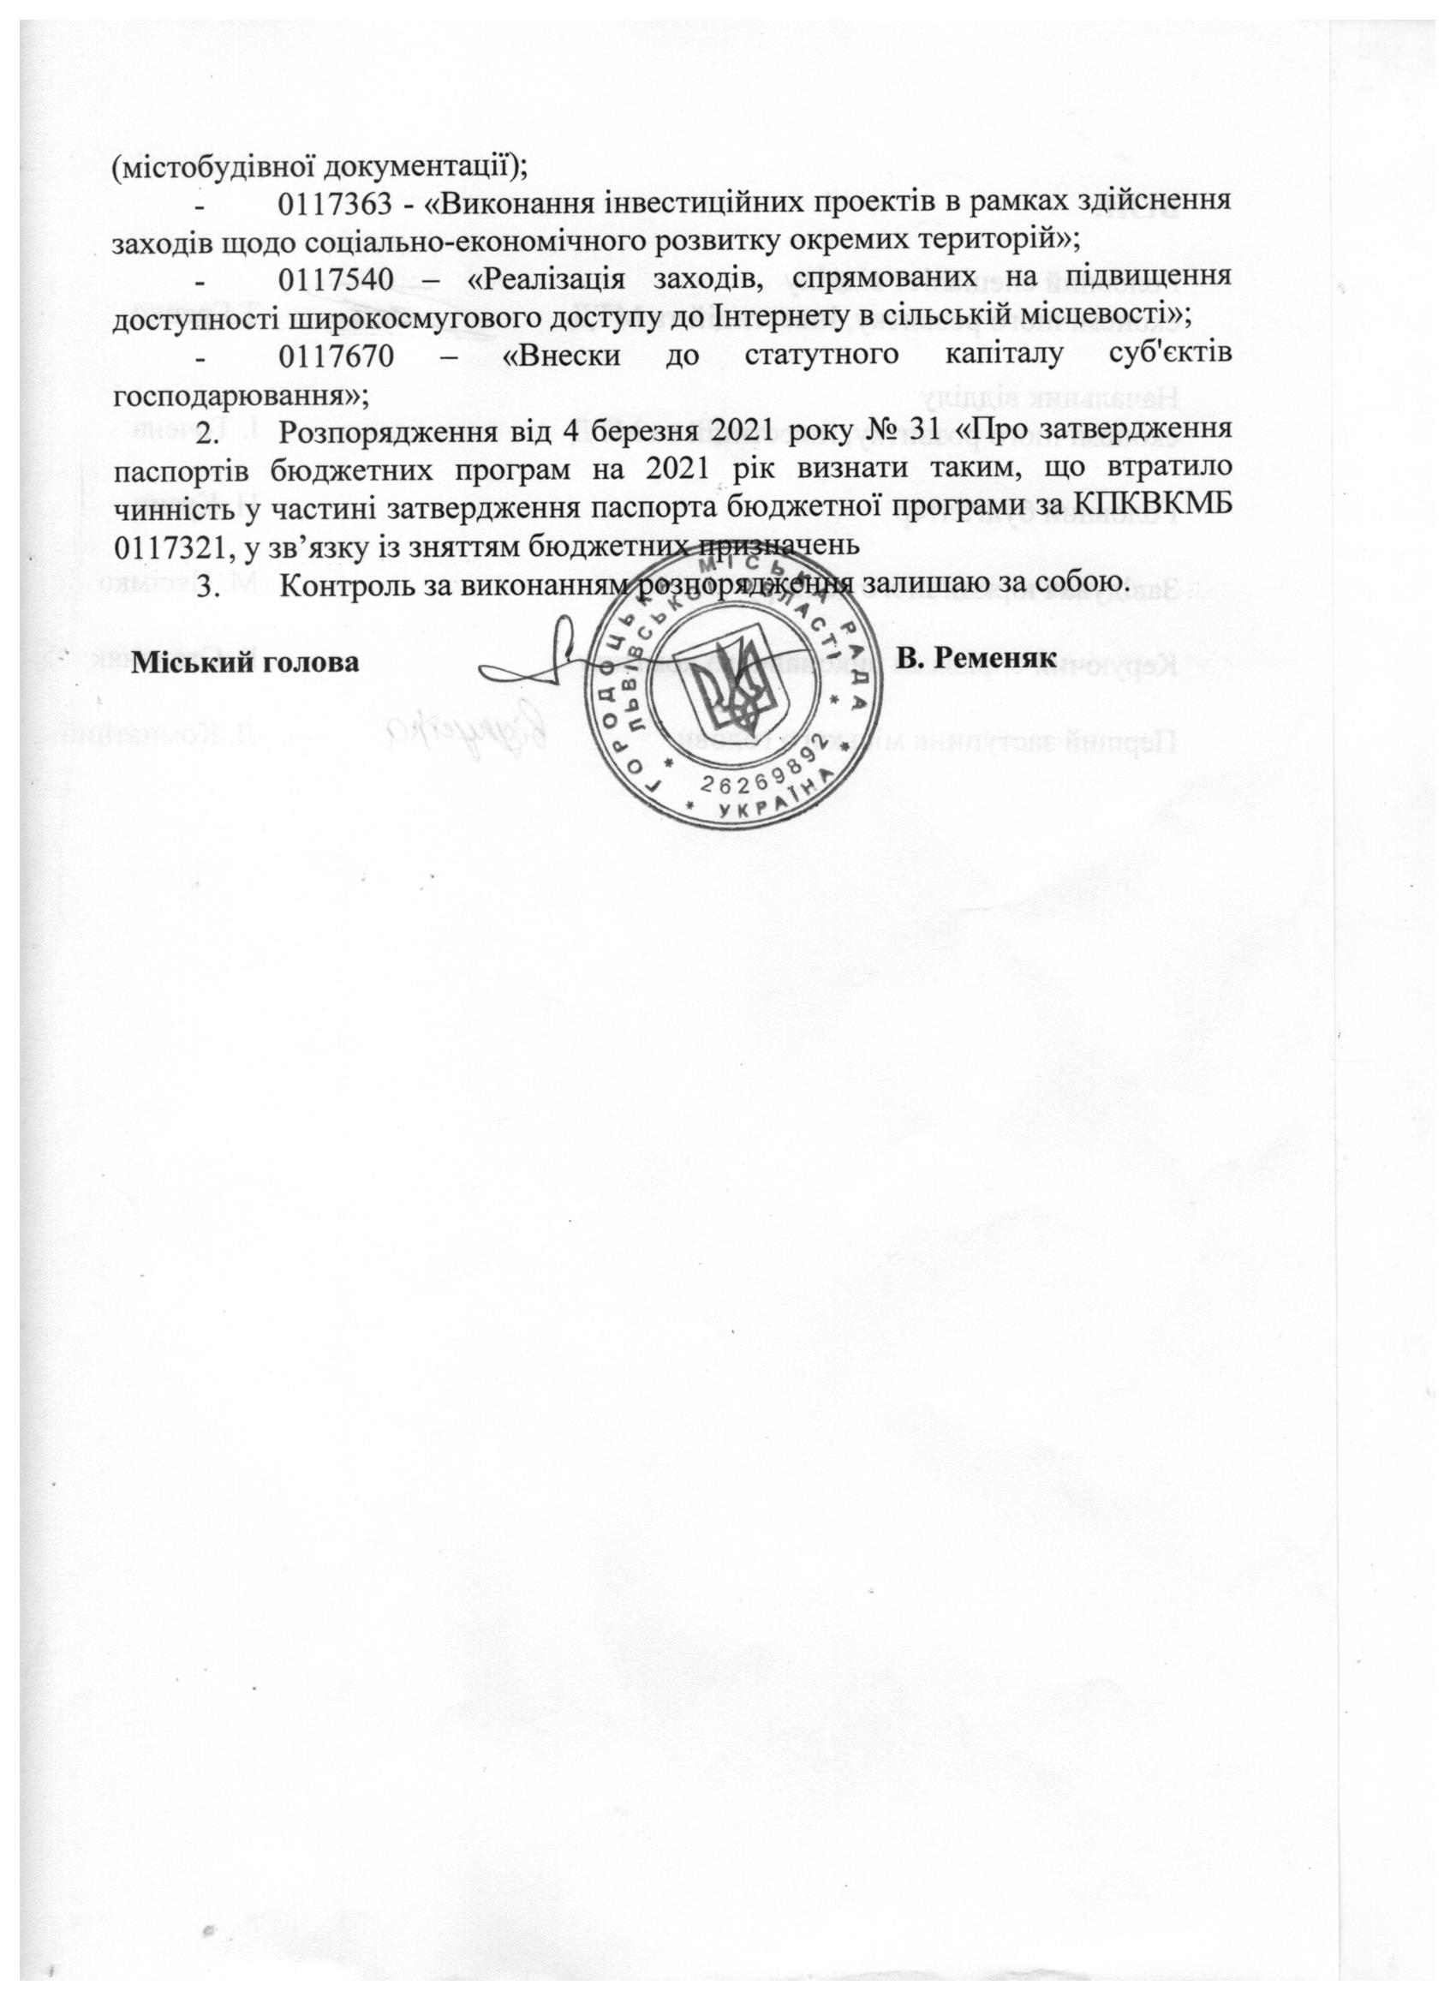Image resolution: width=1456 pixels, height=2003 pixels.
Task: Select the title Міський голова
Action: click(x=246, y=661)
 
